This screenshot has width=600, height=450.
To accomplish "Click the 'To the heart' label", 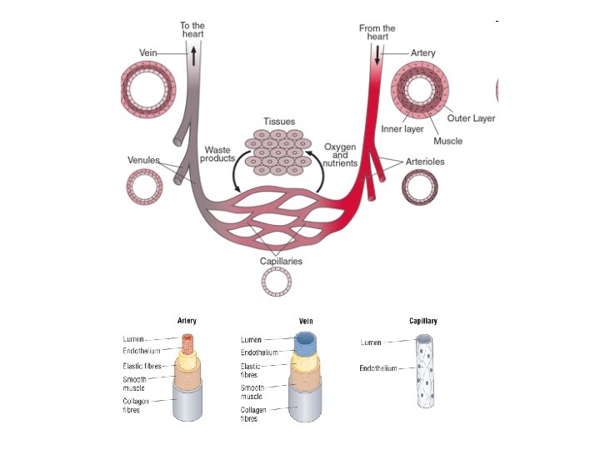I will (x=192, y=30).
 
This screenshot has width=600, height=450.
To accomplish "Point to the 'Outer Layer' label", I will (x=471, y=118).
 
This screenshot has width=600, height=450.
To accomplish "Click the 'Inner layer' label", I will (x=402, y=129).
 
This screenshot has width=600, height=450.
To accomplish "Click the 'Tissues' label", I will (x=279, y=122).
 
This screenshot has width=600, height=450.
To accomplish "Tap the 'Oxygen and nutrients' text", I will (x=340, y=155).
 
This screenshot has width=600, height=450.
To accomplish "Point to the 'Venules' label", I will (x=143, y=159).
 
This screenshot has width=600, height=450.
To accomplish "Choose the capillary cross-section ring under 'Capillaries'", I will (x=277, y=282).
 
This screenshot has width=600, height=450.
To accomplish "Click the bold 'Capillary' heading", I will (x=423, y=321).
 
